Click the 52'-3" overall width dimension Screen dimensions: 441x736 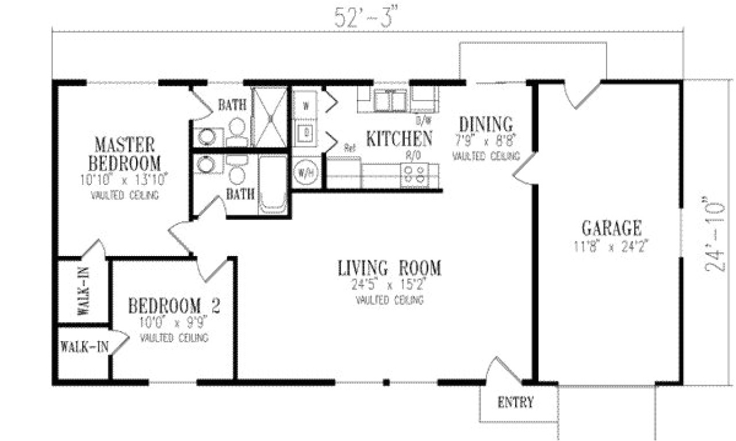pos(366,17)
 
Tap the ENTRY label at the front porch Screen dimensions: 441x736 pos(515,402)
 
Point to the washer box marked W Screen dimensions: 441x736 pos(305,106)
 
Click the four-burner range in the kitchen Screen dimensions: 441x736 pos(415,173)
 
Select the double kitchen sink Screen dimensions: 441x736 pos(391,101)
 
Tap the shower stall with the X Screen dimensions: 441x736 pos(270,118)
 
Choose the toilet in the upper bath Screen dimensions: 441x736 pos(237,131)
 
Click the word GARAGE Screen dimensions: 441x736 pos(611,229)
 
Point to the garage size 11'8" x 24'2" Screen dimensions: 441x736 pos(611,247)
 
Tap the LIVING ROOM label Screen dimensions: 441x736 pos(389,268)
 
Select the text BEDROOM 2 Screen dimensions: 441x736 pos(174,305)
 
